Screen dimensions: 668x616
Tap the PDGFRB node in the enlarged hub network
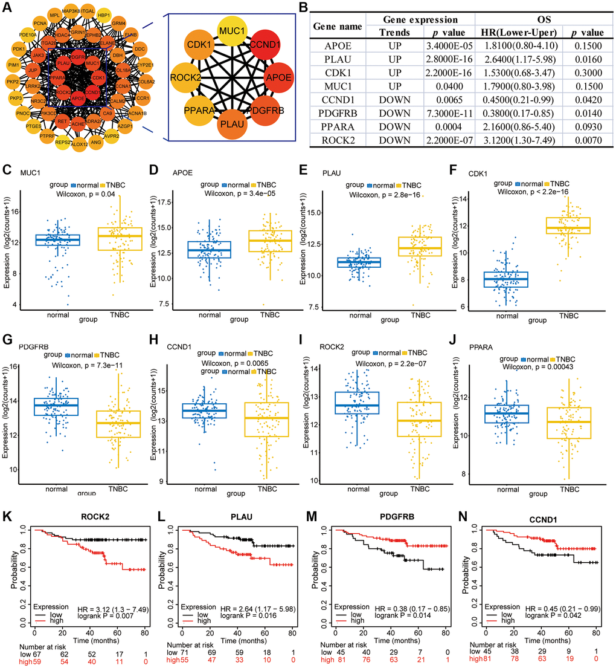[262, 110]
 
